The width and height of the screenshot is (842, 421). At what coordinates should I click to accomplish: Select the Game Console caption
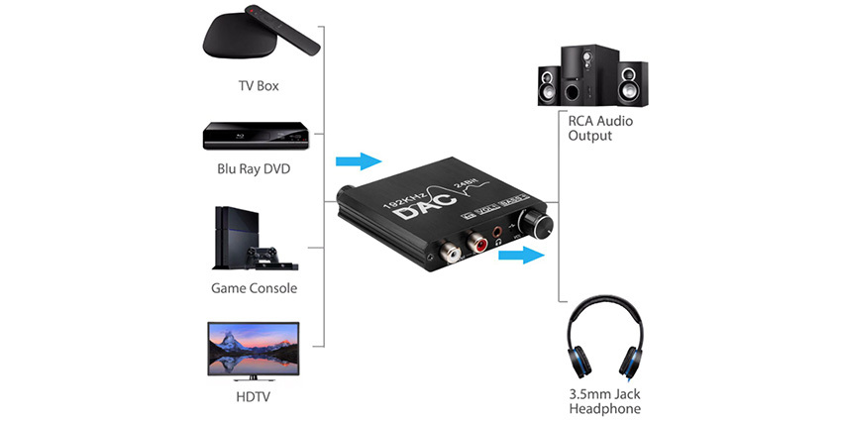point(254,288)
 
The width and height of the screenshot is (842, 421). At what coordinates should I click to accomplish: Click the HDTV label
point(253,397)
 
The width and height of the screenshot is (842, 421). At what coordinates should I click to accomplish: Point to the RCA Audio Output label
point(600,128)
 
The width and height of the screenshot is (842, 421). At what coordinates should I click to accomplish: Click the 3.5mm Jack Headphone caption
point(604,401)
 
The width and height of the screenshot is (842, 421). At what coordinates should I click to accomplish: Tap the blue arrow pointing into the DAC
point(358,160)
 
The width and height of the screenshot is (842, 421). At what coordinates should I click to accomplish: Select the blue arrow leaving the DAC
point(523,256)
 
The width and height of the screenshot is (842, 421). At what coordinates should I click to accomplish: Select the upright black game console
point(229,238)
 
